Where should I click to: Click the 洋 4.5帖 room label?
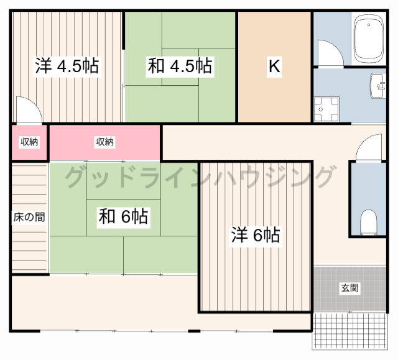(67, 67)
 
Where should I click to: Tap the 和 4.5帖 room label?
(180, 67)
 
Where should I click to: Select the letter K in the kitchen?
(274, 67)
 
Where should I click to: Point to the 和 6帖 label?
(123, 216)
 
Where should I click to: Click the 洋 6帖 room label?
(256, 235)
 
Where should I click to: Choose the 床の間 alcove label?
(29, 218)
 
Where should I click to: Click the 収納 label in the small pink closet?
(29, 142)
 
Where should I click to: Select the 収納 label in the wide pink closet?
(104, 142)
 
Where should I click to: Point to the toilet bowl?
(369, 220)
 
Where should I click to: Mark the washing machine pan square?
(326, 110)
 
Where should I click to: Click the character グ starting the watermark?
(76, 178)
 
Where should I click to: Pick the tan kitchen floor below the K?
(274, 99)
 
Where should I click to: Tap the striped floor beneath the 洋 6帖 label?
(256, 280)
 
